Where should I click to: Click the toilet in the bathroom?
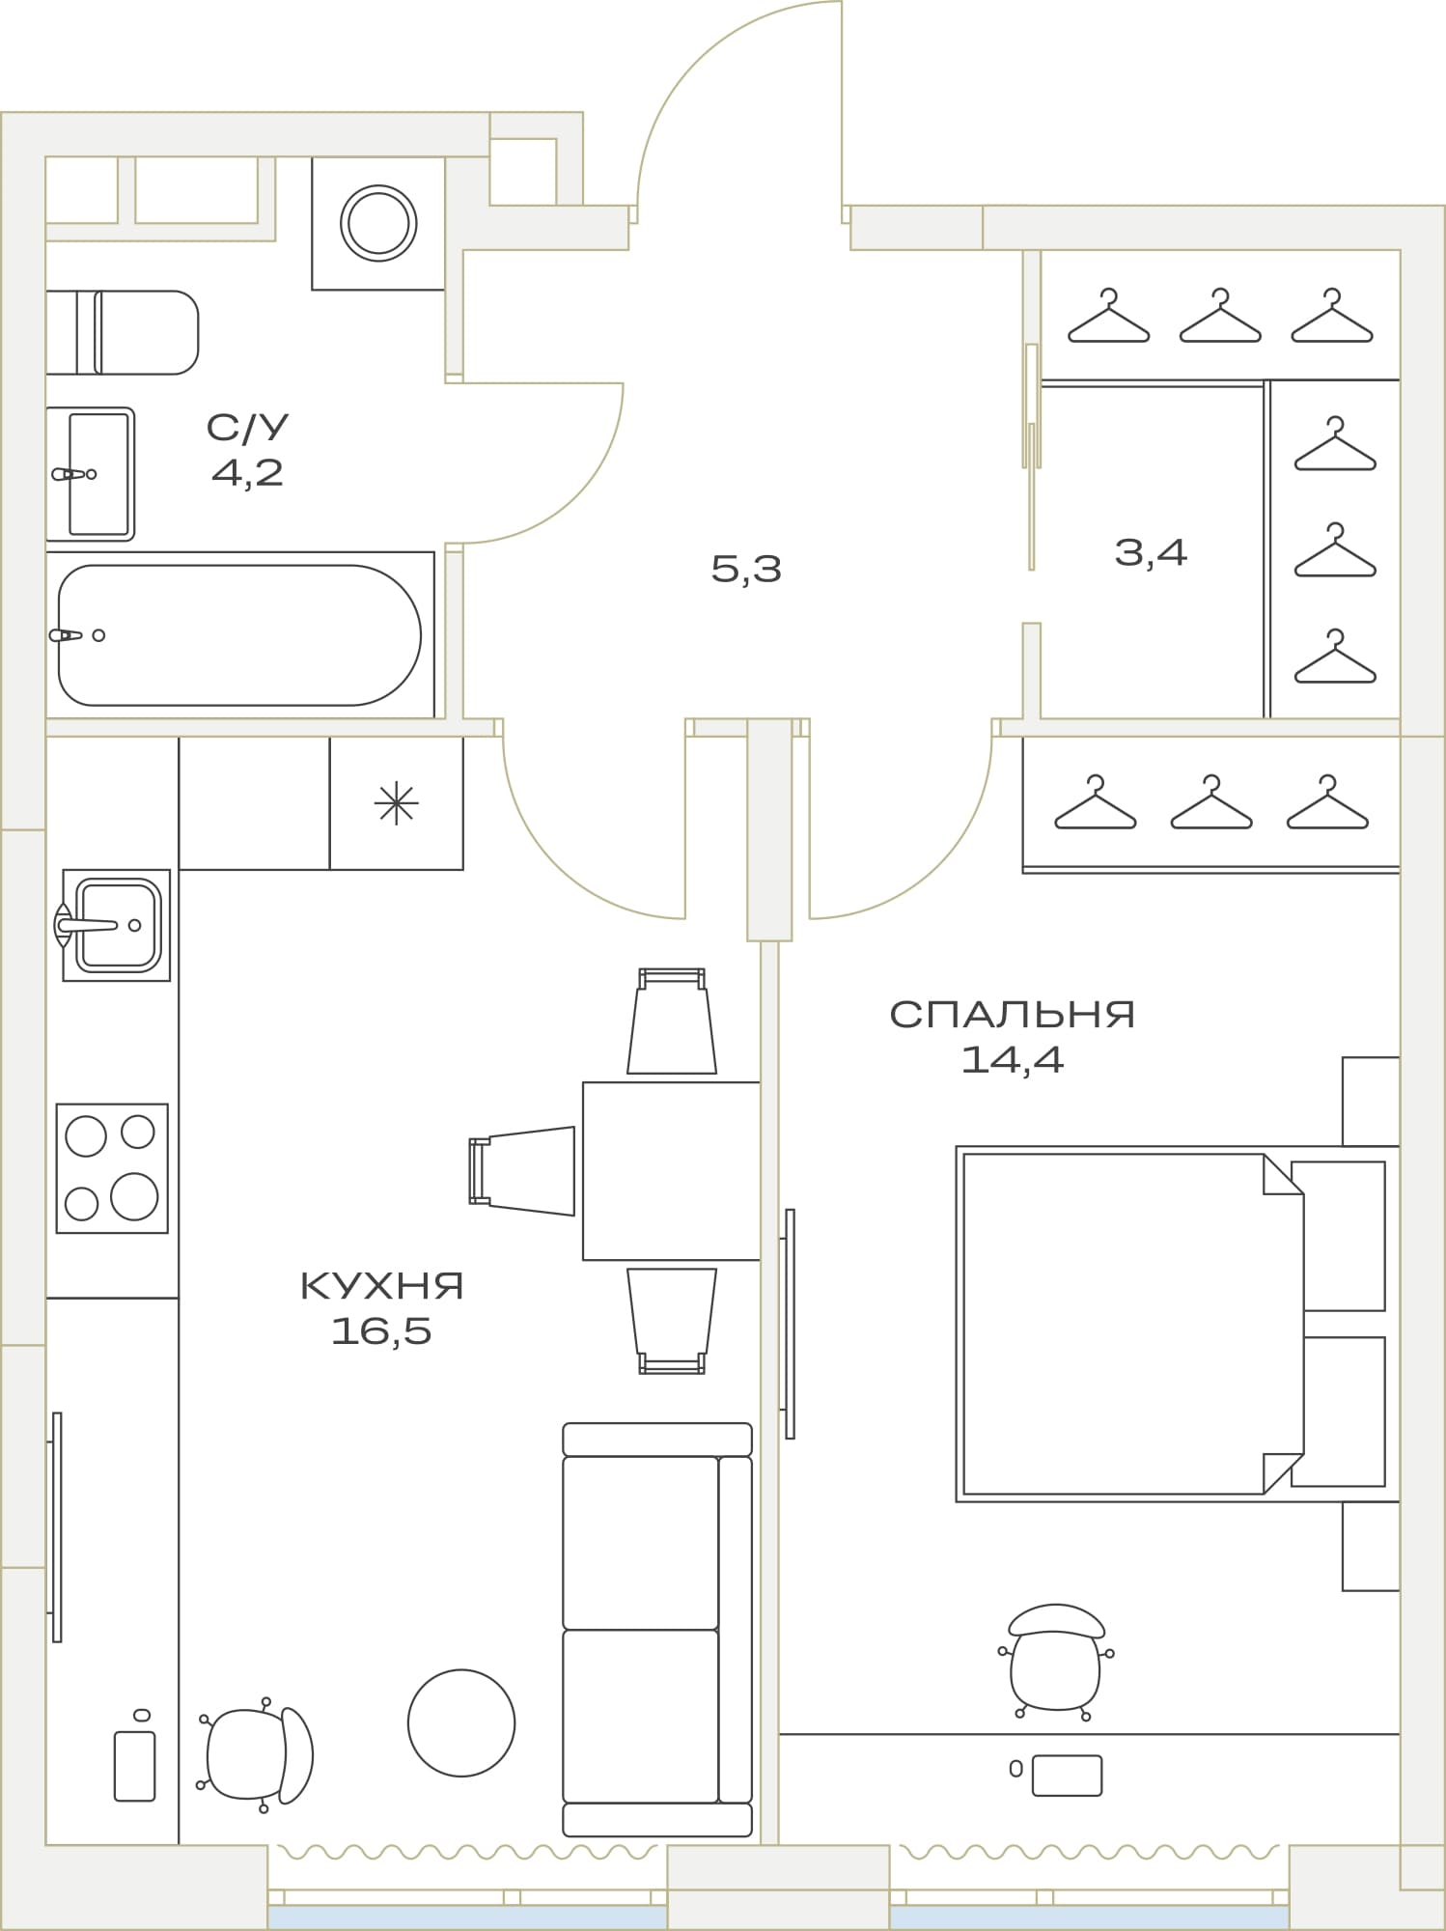(123, 332)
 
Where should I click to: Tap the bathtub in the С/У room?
(239, 635)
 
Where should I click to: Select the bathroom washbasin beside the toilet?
(90, 474)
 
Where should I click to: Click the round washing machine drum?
(378, 223)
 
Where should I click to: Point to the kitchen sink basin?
(117, 925)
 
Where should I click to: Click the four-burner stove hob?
(112, 1168)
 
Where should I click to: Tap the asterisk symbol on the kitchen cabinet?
(397, 804)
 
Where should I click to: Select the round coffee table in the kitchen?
(461, 1722)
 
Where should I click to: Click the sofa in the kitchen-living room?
(657, 1630)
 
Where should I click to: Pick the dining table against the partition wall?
(672, 1171)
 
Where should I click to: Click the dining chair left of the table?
(522, 1171)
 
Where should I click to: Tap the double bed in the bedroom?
(1171, 1324)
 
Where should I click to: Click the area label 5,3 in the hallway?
(746, 569)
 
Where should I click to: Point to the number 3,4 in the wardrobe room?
(1151, 552)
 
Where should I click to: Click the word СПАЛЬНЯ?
(1012, 1014)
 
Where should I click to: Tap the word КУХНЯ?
(382, 1286)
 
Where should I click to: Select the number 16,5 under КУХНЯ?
(381, 1331)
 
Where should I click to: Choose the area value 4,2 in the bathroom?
(247, 473)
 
